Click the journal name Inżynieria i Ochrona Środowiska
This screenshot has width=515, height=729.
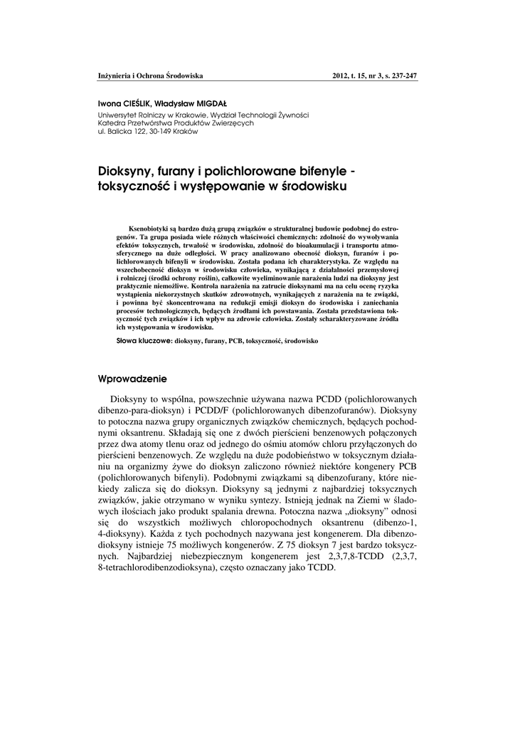click(x=150, y=75)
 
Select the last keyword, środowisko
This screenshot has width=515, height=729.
click(x=302, y=342)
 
